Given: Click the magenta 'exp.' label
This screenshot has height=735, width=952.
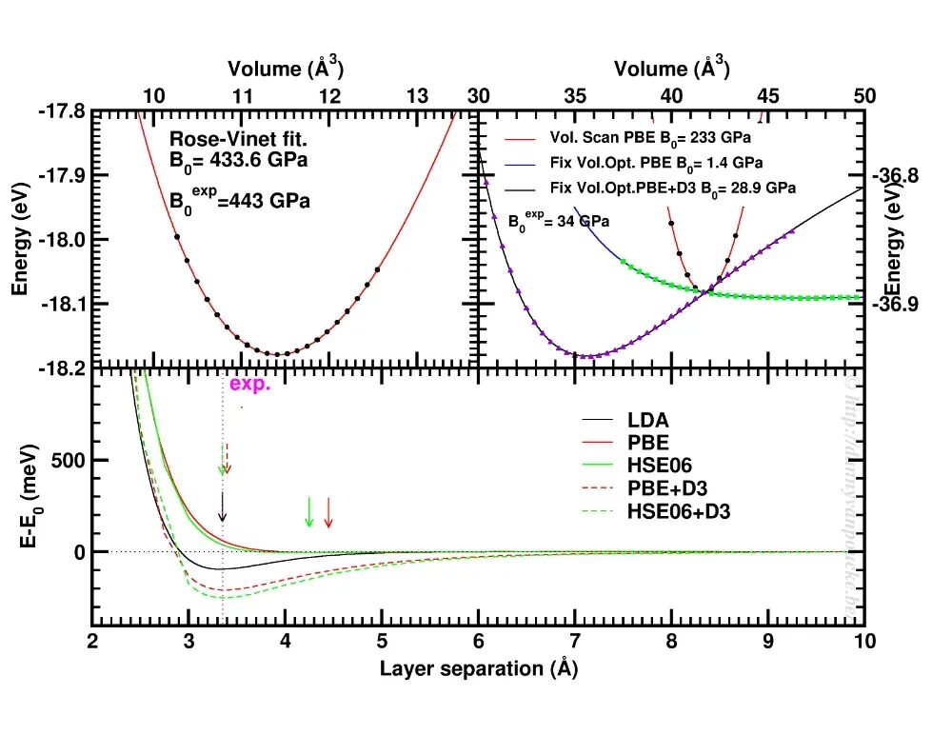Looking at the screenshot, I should click(250, 386).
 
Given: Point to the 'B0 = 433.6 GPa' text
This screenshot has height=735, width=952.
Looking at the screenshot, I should click(227, 159).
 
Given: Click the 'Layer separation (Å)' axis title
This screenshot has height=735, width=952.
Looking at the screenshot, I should click(478, 668).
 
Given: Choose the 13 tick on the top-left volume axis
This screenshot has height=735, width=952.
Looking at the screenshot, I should click(417, 95).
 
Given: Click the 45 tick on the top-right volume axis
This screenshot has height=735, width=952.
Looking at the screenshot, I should click(768, 95).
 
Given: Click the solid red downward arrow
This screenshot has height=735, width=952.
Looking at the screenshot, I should click(328, 512).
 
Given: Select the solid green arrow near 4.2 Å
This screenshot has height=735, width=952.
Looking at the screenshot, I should click(308, 512).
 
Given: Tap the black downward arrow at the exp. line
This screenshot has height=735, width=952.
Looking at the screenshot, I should click(223, 507).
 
